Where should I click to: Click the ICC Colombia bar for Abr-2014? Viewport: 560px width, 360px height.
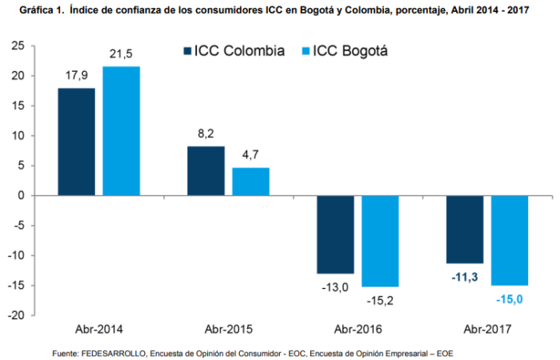point(77,142)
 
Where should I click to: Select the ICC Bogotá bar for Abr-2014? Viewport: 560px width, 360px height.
point(122,131)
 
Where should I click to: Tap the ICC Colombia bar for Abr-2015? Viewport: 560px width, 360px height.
point(206,170)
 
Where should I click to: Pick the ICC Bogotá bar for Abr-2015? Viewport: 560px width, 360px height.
point(250,182)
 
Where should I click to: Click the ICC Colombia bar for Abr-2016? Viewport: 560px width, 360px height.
point(334,234)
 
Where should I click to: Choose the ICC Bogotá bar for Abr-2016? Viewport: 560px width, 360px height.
point(380,241)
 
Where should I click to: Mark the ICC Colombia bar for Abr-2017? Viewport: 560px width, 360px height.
point(464,230)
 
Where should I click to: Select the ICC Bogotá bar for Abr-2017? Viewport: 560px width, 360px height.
point(510,240)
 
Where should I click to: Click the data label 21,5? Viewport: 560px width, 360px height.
point(122,54)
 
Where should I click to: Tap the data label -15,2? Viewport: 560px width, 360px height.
point(380,301)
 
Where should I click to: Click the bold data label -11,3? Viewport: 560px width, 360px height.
point(464,277)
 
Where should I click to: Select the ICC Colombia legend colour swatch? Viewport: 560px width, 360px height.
point(187,50)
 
